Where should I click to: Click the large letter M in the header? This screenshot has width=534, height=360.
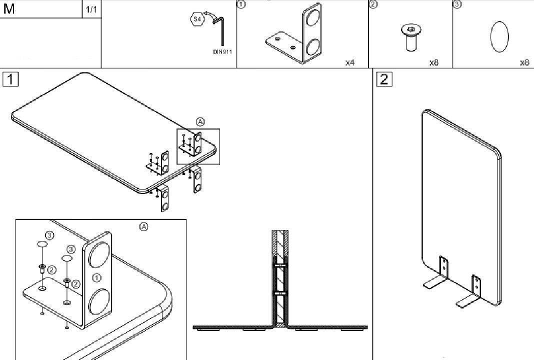(x=9, y=9)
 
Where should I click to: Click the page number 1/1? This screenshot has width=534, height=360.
(x=91, y=9)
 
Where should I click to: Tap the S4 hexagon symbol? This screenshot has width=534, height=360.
(x=197, y=19)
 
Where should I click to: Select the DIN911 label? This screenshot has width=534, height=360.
(x=222, y=52)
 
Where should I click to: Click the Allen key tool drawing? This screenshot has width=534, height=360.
(x=221, y=30)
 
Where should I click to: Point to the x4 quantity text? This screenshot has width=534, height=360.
(x=350, y=62)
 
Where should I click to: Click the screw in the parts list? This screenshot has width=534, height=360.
(x=411, y=37)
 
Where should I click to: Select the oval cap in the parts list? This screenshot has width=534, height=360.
(x=499, y=37)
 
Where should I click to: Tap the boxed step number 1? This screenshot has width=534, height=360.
(x=10, y=79)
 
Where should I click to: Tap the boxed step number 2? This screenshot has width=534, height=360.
(x=384, y=79)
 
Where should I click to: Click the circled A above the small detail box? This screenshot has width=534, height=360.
(x=200, y=121)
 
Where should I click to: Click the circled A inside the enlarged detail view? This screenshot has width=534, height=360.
(x=144, y=226)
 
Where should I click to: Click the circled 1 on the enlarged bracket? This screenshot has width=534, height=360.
(x=96, y=278)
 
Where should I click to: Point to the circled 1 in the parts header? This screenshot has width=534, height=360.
(x=241, y=4)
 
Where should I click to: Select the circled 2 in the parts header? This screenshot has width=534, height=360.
(x=373, y=4)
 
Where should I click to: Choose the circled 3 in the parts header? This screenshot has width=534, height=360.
(x=457, y=4)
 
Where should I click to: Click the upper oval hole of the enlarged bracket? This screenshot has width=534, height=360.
(x=98, y=254)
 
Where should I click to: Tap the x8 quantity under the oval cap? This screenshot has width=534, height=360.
(x=524, y=62)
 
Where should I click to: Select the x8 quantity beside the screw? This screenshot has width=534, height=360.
(x=434, y=62)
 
